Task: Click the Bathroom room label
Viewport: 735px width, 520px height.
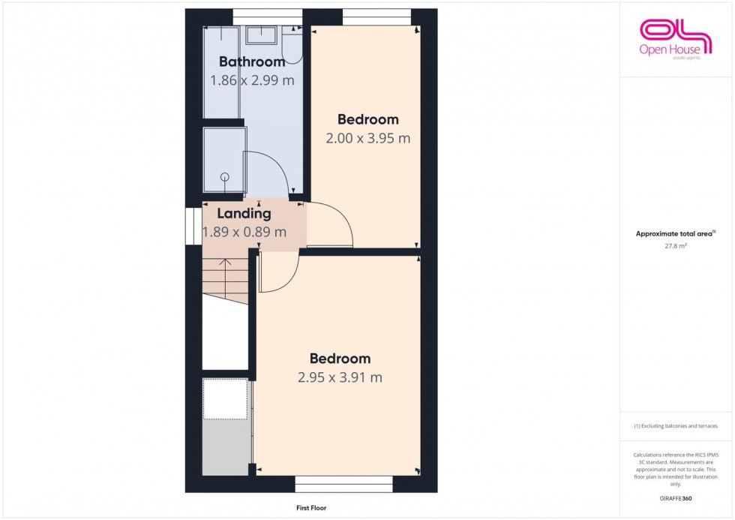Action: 252,62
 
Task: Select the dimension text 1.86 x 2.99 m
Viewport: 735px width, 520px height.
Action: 251,81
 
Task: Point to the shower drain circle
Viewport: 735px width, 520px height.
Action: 224,177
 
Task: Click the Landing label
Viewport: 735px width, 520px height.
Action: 244,214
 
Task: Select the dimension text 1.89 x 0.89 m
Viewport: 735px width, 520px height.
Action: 244,233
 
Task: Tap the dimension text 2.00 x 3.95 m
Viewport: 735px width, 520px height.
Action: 367,138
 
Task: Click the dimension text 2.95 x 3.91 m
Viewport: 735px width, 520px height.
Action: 340,377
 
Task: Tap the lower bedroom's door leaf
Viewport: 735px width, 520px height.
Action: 259,272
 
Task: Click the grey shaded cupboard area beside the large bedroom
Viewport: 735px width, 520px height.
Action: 226,446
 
